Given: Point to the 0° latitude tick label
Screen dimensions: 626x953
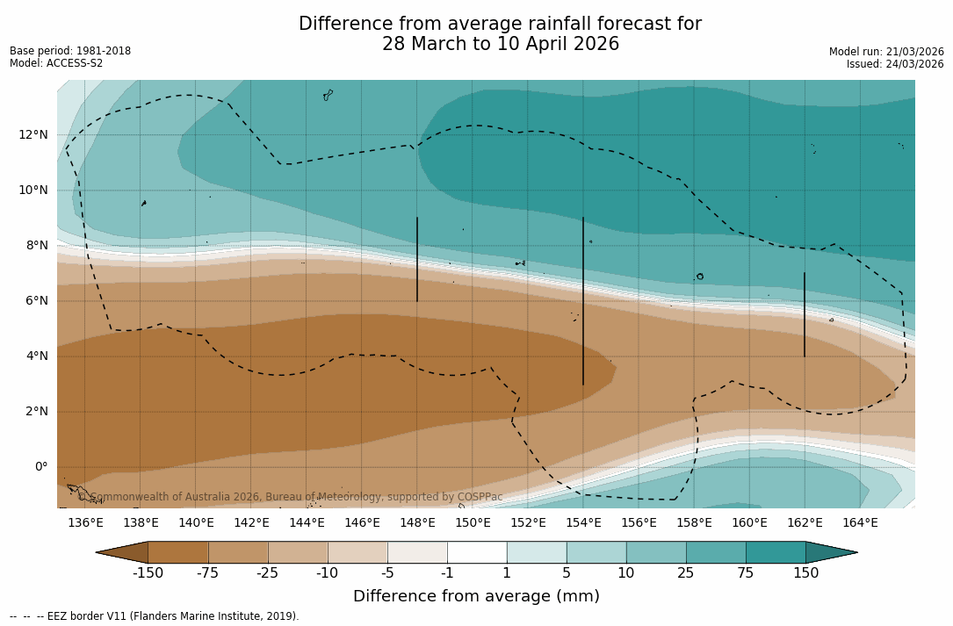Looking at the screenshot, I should pos(40,467).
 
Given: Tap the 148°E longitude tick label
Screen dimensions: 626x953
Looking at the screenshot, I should pos(417,523).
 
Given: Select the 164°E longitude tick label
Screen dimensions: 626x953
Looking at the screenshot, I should pos(860,523).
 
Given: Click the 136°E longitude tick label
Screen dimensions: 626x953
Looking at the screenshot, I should pos(85,523).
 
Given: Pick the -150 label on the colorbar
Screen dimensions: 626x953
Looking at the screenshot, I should pos(148,573).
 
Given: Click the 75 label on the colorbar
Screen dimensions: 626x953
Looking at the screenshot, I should pos(746,573).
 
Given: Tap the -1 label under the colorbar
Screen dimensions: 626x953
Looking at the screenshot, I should pos(447,573).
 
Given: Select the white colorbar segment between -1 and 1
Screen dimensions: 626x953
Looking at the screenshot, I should pos(477,552).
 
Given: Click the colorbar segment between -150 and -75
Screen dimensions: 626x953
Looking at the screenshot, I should pos(178,552).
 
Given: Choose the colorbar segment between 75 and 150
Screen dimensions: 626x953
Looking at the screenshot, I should pos(776,552).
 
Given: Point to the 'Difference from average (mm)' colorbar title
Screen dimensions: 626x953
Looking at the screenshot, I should pos(476,597).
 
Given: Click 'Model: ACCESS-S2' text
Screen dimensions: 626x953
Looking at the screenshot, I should pos(56,63).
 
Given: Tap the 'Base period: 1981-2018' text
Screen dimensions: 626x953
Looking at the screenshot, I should pos(70,51).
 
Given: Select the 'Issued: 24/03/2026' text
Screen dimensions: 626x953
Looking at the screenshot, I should pos(895,64).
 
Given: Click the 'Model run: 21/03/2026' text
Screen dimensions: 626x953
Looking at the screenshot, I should pos(886,52).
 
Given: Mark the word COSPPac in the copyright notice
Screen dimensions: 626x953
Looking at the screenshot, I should pos(480,497).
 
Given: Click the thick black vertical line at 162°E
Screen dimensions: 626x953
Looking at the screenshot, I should pos(805,314).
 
